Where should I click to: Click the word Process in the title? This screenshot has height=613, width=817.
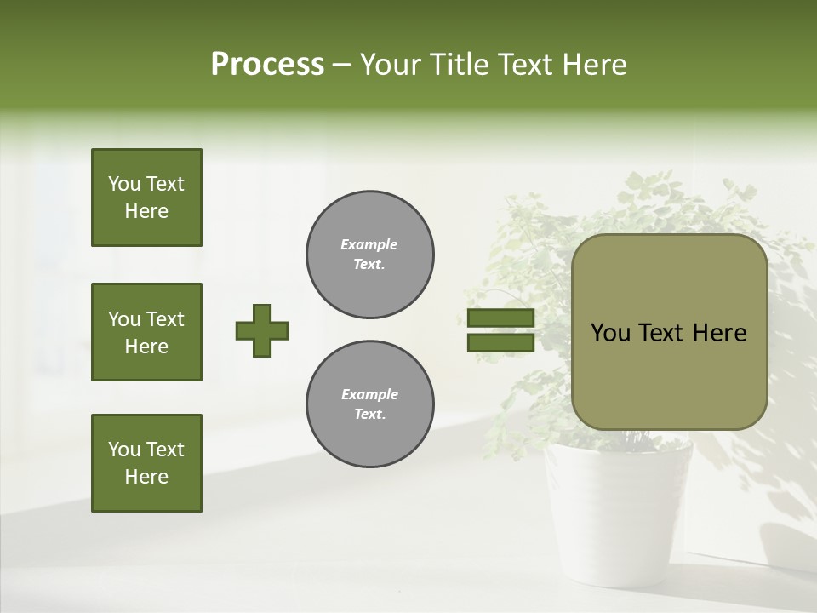point(267,65)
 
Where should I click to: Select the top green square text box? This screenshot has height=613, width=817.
point(146,198)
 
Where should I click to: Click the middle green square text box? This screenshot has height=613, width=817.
point(146,332)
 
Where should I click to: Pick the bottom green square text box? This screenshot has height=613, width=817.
point(146,463)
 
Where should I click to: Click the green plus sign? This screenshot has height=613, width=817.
point(262,330)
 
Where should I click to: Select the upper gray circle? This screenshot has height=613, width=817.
point(370,255)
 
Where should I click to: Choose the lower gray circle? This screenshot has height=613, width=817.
point(370,404)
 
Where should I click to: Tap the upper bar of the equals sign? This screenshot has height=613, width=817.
point(500,318)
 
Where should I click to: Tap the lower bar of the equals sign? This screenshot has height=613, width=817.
point(500,343)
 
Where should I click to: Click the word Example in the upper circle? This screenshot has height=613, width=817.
point(369,244)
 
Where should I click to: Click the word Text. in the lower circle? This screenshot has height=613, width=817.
point(369,415)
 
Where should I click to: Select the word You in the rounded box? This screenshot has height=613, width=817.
point(610,333)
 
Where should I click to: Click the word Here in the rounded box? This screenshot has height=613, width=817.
point(719,333)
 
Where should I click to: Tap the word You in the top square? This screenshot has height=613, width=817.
point(123,184)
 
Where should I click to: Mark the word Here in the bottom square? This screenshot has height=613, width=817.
point(146,477)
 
